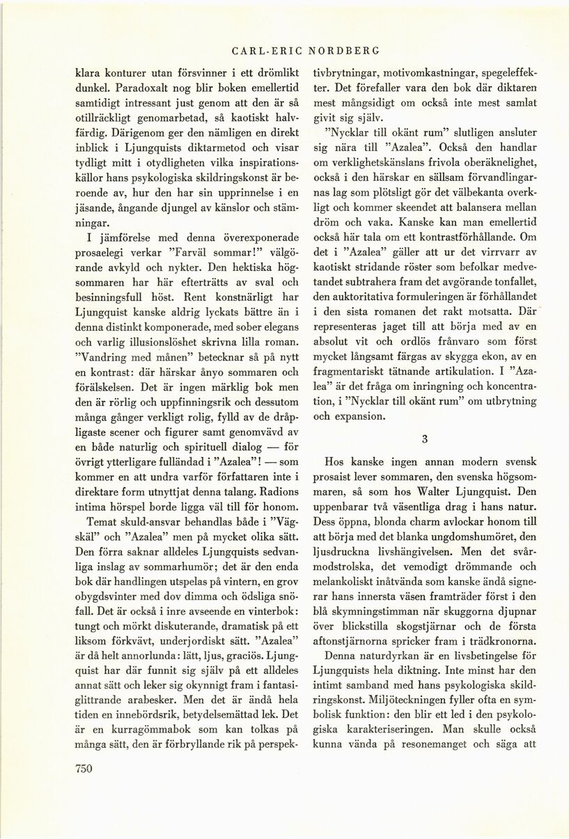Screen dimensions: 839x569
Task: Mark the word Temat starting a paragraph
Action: tap(102, 522)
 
